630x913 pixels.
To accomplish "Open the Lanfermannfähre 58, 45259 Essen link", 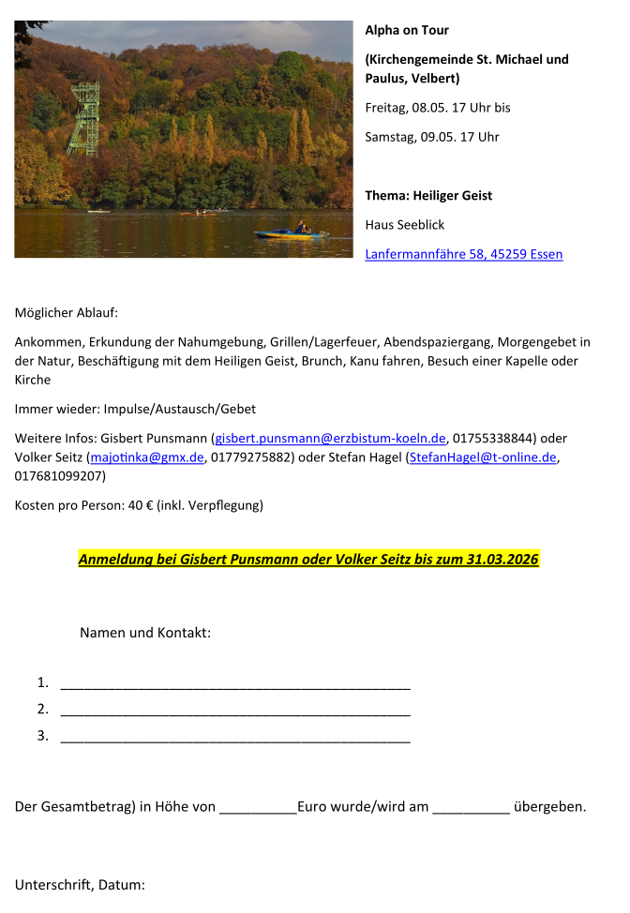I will click(x=463, y=254).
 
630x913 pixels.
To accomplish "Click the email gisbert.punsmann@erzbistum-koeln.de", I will click(x=330, y=438).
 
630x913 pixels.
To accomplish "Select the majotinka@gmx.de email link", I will click(x=146, y=457).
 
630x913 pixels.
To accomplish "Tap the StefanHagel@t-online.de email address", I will click(x=483, y=457).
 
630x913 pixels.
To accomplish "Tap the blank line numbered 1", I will click(x=234, y=683).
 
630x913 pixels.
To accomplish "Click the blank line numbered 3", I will click(x=234, y=737).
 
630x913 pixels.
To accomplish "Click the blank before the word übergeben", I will click(x=471, y=807).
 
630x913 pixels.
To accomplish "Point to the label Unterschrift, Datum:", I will click(x=80, y=884).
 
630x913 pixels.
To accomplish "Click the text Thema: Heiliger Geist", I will click(x=428, y=196).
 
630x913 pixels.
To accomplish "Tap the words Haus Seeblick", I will click(x=404, y=225).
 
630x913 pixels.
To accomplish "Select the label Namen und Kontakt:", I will click(x=145, y=633).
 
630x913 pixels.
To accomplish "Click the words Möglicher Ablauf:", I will click(x=67, y=312).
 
